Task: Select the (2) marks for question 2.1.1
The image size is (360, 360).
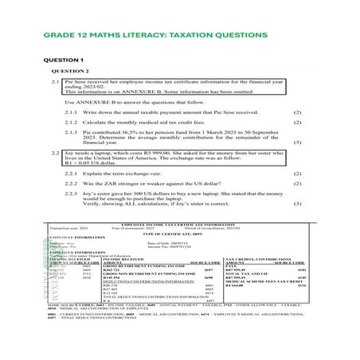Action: tap(298, 113)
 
